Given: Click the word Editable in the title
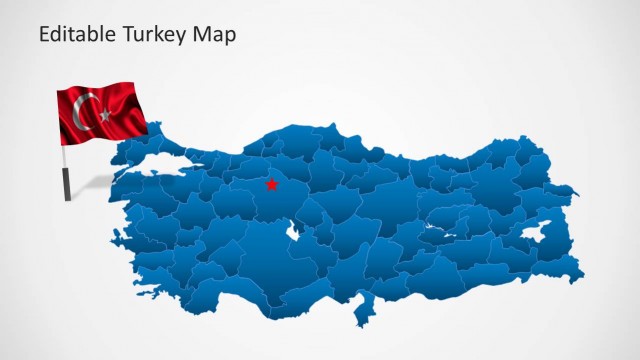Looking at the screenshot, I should (76, 36).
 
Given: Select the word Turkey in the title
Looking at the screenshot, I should (155, 36).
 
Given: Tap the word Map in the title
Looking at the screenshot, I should (216, 36).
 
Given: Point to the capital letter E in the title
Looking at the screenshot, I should (44, 36).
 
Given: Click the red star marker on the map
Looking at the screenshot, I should (271, 184).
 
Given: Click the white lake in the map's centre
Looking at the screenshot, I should (294, 233).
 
